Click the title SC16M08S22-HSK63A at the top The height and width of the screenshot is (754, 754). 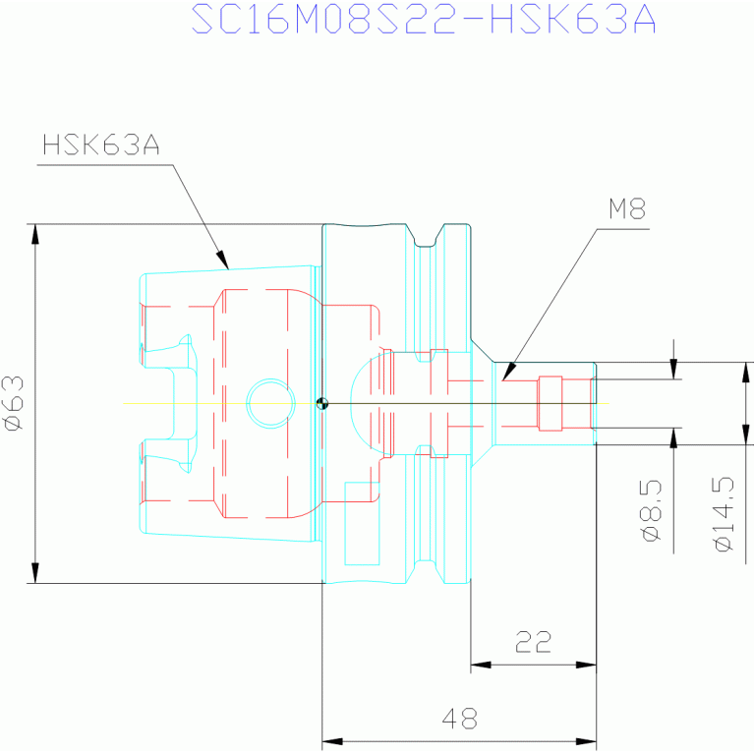(x=424, y=19)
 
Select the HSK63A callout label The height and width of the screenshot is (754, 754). (x=101, y=145)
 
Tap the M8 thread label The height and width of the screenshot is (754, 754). (x=627, y=208)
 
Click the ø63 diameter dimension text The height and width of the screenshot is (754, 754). (x=14, y=403)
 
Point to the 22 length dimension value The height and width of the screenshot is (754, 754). (x=533, y=642)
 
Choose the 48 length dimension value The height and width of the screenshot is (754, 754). (x=460, y=719)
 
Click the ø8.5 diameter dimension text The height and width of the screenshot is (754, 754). (x=652, y=510)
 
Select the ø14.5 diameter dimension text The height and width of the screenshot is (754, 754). (x=725, y=514)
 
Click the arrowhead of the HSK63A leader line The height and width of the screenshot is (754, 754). (x=222, y=260)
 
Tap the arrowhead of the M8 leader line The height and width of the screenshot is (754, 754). (x=509, y=373)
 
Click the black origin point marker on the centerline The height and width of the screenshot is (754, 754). (x=322, y=403)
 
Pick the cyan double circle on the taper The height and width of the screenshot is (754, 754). (x=270, y=403)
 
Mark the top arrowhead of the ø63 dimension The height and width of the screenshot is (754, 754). (x=35, y=236)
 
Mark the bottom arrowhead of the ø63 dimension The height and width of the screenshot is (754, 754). (x=35, y=572)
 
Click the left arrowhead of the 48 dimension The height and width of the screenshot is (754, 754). (x=332, y=741)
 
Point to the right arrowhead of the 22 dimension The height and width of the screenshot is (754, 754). (x=586, y=666)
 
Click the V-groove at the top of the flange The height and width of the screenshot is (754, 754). (x=425, y=236)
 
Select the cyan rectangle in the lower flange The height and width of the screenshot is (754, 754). (x=362, y=524)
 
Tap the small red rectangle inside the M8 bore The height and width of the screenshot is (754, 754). (x=551, y=403)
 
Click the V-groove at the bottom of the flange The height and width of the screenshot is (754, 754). (x=425, y=572)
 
